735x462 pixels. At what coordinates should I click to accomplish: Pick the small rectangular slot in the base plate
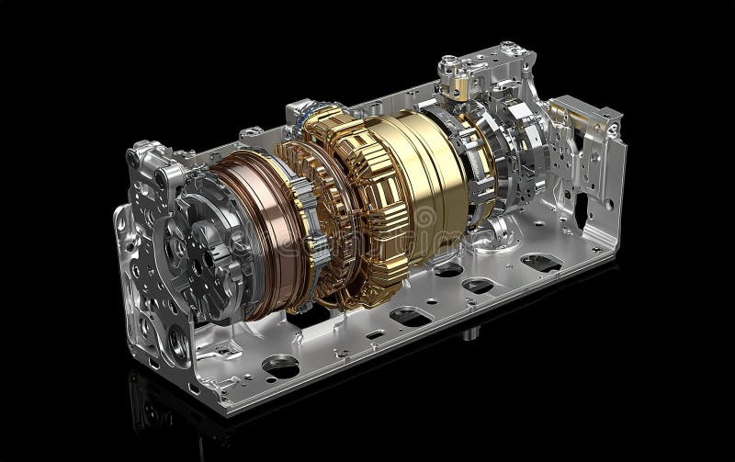click(x=376, y=333)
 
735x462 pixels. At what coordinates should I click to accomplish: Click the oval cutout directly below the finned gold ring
click(x=405, y=316)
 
